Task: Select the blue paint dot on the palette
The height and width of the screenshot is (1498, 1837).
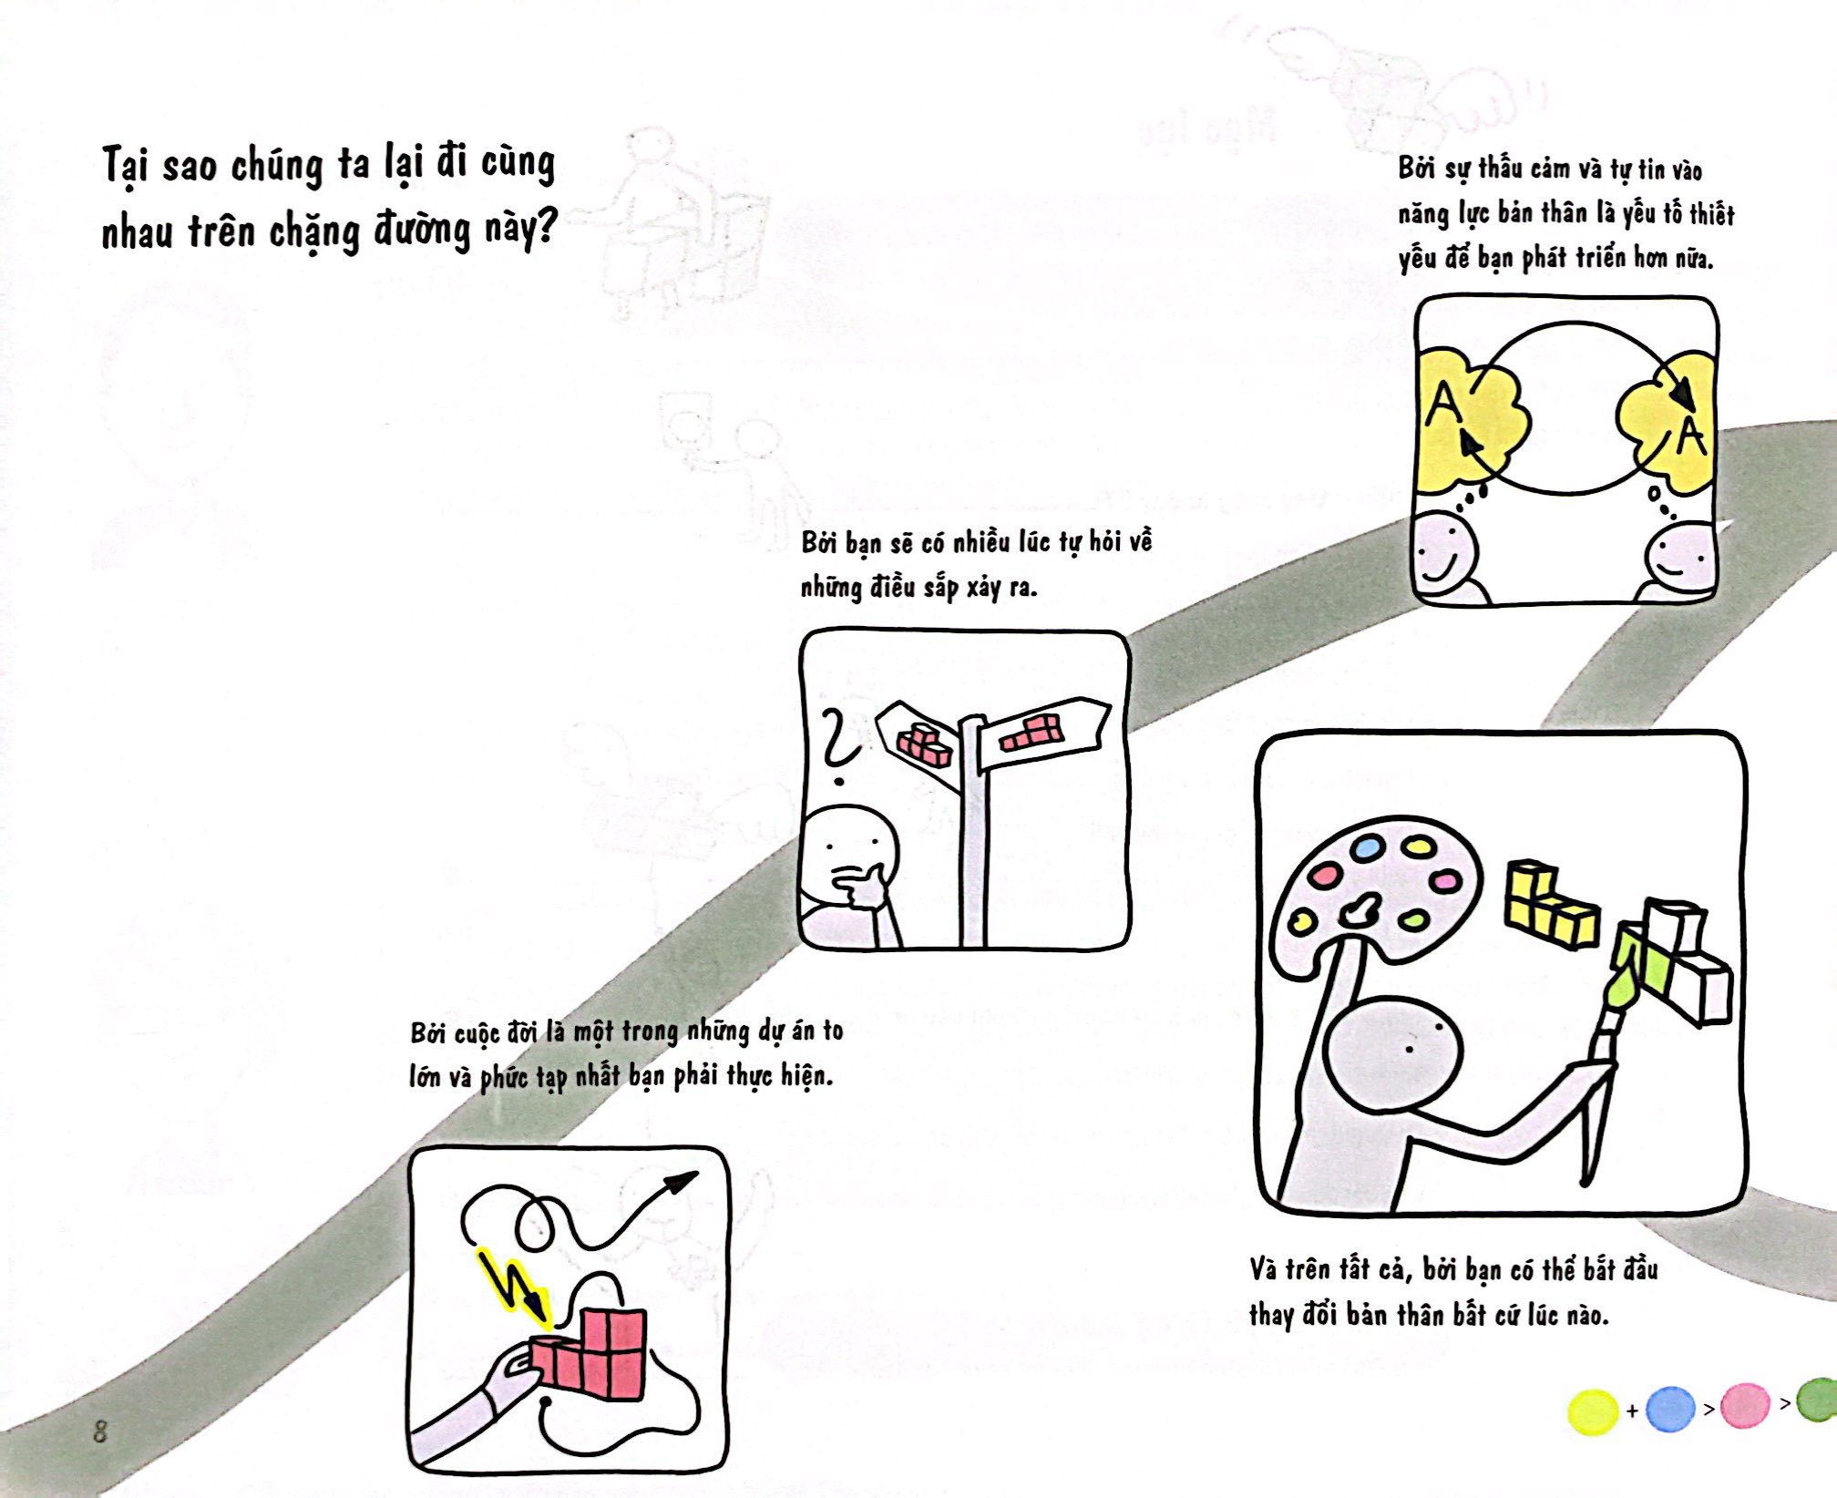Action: click(x=1367, y=848)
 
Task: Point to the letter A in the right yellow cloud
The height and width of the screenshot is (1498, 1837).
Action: click(x=1691, y=436)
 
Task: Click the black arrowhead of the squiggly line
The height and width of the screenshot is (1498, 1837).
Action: click(x=679, y=1183)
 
